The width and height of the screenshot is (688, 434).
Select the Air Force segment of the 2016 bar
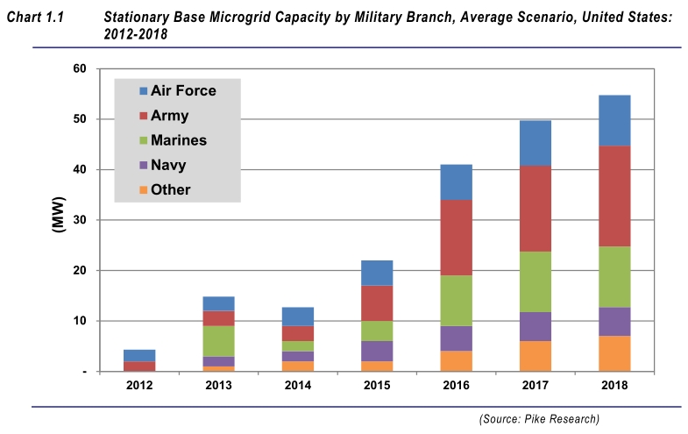[456, 181]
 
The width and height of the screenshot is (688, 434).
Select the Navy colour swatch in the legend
[141, 165]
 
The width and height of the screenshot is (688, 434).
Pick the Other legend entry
[170, 189]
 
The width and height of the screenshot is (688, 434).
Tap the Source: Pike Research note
[539, 419]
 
